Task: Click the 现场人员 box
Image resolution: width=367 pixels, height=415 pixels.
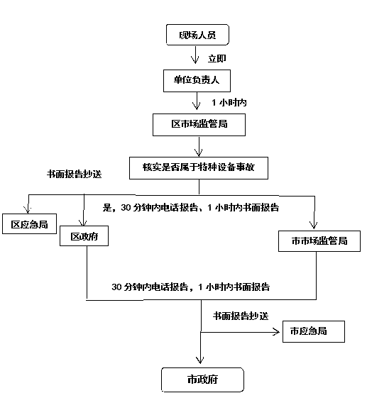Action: [x=197, y=35]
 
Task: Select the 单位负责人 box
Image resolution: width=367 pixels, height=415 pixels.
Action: [x=197, y=81]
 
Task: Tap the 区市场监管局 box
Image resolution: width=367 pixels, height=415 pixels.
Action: [x=199, y=125]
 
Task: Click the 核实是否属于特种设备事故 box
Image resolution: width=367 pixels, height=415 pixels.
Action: [x=199, y=168]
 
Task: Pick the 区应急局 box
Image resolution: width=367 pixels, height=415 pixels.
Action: [x=29, y=224]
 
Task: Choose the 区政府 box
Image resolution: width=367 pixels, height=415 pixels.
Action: [x=84, y=236]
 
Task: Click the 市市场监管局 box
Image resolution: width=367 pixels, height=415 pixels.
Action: [x=319, y=241]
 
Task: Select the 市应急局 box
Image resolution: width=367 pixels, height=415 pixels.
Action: [x=314, y=331]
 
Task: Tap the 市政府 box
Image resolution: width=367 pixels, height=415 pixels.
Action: [x=202, y=380]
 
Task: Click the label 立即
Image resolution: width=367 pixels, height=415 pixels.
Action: [x=217, y=58]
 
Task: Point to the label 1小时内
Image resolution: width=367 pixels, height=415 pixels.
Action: [x=229, y=102]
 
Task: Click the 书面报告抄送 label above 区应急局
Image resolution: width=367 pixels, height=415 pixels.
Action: [x=74, y=174]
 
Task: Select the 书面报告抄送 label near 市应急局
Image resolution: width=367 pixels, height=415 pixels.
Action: [x=241, y=316]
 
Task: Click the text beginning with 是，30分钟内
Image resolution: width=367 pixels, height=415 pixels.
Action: [x=191, y=207]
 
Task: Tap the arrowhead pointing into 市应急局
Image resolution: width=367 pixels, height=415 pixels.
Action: [x=277, y=332]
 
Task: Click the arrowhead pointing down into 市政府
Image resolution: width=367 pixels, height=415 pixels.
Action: [x=200, y=360]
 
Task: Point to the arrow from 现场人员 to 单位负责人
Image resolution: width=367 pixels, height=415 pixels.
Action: [x=195, y=55]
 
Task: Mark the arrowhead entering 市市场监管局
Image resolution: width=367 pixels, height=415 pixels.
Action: [x=314, y=225]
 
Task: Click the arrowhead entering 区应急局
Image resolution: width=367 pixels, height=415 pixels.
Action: [x=28, y=210]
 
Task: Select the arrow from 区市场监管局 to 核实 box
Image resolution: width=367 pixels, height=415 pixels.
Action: [x=199, y=147]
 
